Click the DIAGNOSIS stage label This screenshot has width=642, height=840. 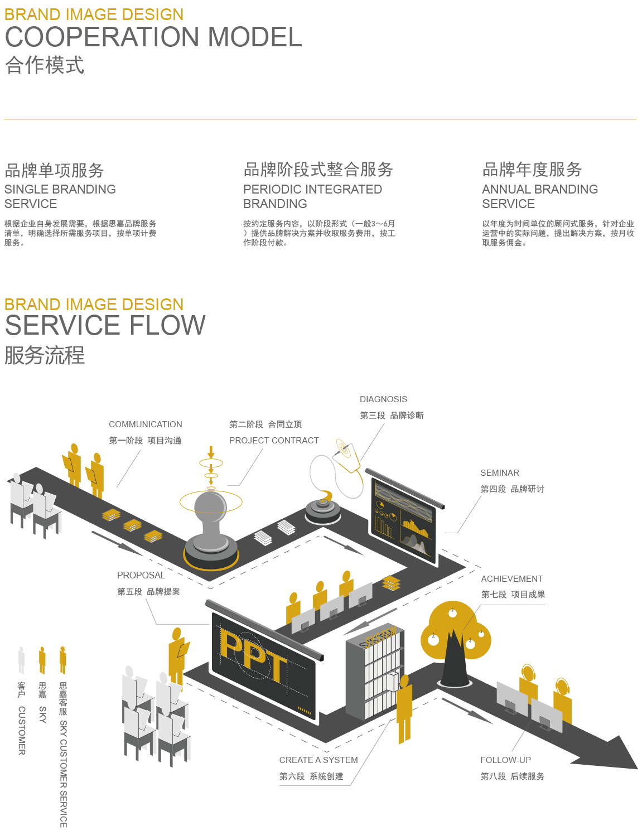point(383,399)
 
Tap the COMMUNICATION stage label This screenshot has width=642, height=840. point(145,424)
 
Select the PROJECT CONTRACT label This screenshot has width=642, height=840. point(274,441)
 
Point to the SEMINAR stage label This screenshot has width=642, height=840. point(499,473)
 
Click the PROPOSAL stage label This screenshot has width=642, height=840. point(141,576)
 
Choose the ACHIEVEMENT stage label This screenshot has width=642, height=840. point(511,579)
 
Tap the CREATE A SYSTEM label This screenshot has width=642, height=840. point(318,760)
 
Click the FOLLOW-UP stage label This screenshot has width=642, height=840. point(505,760)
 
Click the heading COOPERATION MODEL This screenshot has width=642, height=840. point(153,37)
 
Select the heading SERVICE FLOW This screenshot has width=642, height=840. point(105,326)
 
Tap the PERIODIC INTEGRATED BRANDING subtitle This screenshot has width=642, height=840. point(312,196)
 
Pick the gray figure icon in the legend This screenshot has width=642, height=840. point(21,660)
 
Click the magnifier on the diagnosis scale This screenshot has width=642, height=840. point(344,448)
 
